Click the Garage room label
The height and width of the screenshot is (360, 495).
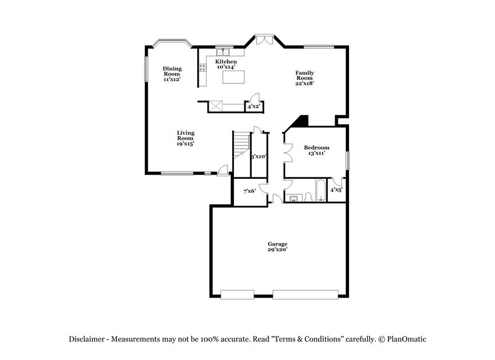[x=277, y=244]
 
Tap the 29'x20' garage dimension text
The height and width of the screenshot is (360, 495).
[x=277, y=250]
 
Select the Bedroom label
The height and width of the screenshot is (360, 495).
[x=316, y=148]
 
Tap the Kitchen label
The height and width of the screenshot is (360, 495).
[x=226, y=62]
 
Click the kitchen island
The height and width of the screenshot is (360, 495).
[x=233, y=77]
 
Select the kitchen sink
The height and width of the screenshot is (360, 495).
[x=223, y=53]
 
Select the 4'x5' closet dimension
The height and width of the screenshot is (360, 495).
[x=336, y=190]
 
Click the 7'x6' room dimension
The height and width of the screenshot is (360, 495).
[x=249, y=191]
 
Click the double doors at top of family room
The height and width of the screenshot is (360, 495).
[x=264, y=40]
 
